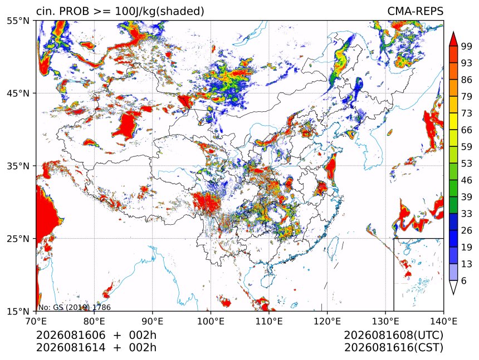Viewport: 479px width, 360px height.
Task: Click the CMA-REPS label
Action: coord(415,11)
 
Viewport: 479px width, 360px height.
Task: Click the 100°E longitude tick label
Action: coord(211,321)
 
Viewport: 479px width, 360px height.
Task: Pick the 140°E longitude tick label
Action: coord(443,321)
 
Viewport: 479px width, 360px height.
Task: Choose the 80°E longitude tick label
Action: coord(94,321)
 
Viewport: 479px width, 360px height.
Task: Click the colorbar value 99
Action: coord(467,46)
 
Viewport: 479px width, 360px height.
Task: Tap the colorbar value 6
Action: coord(465,280)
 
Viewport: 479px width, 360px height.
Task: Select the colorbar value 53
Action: coord(467,164)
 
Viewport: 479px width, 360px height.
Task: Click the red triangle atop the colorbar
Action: coord(453,39)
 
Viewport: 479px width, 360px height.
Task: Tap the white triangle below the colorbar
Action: coord(453,287)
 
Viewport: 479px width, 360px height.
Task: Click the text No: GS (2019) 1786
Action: coord(74,307)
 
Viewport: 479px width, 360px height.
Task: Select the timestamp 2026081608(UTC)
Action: coord(393,335)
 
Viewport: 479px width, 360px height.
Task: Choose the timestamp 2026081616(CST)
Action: coord(393,348)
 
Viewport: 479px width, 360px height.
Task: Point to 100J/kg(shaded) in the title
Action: coord(159,12)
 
